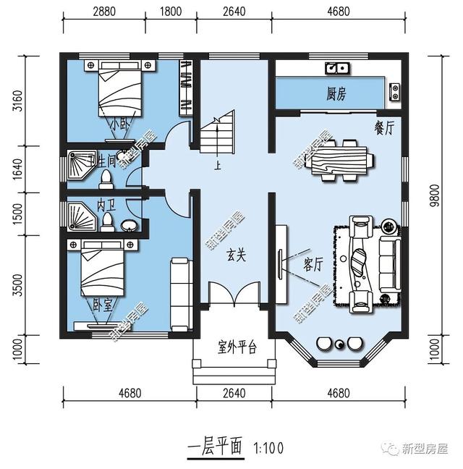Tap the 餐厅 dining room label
(383, 127)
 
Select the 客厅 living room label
(314, 264)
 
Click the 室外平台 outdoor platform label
(237, 347)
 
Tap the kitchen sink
(336, 68)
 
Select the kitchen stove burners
(395, 91)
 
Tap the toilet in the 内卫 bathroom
(108, 219)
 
